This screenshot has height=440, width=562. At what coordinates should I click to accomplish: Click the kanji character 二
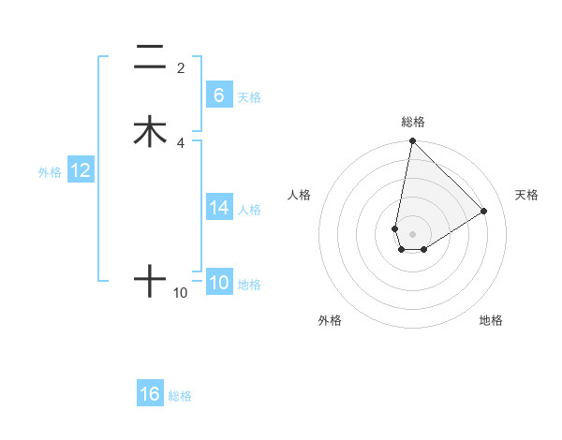coord(150,57)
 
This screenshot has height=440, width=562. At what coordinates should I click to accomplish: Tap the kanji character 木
coord(150,131)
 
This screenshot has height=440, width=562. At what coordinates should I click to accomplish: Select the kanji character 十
coord(150,281)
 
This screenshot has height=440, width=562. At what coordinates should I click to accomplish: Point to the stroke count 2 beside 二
coord(181,68)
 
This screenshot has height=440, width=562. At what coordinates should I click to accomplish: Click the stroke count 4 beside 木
coord(181,142)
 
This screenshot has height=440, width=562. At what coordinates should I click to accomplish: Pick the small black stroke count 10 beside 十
coord(181,293)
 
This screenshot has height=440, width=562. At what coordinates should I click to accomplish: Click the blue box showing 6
coord(218,95)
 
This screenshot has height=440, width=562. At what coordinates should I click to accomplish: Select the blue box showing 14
coord(218,208)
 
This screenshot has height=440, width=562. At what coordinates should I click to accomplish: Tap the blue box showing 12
coord(81,170)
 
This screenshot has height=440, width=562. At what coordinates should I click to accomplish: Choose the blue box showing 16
coord(150,394)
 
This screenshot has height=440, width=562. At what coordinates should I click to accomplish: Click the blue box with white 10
coord(218,283)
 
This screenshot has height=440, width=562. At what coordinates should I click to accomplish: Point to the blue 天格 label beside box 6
coord(249,97)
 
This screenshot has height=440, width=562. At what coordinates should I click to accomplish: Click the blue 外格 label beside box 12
coord(50,172)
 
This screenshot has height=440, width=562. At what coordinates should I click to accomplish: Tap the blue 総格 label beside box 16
coord(180,396)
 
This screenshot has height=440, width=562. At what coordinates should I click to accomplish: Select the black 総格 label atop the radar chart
coord(413,122)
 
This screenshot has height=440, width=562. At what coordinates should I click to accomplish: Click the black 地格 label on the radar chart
coord(491,321)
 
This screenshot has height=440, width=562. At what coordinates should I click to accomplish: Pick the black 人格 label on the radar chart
coord(300,195)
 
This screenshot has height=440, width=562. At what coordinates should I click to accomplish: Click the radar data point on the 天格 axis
coord(484,211)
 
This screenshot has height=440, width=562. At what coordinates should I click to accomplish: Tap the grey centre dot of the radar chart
coord(413,233)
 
